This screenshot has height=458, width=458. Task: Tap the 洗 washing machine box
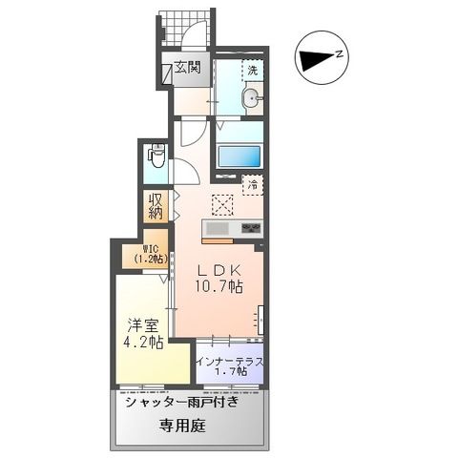click(253, 71)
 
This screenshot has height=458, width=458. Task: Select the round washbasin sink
click(252, 97)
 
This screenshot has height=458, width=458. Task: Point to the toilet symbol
click(156, 158)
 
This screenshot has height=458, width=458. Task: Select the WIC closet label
click(150, 254)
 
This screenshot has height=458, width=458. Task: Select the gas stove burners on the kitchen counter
click(251, 229)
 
